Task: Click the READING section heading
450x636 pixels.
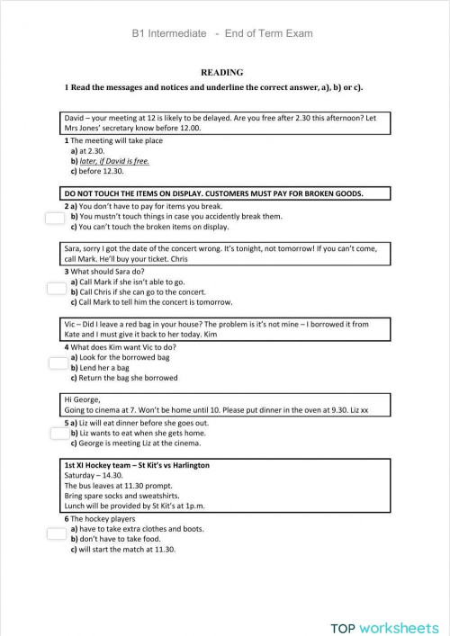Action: [x=220, y=72]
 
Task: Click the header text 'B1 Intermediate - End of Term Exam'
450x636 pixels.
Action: [x=221, y=34]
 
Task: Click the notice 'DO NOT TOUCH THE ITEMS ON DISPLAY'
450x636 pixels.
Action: [x=212, y=193]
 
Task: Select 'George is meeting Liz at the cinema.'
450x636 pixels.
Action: [x=135, y=443]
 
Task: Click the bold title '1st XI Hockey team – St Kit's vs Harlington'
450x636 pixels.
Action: [x=137, y=465]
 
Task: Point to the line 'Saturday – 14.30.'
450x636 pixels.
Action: [x=94, y=475]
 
